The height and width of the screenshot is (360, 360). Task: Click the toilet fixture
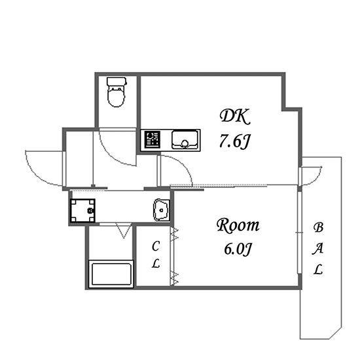point(117,92)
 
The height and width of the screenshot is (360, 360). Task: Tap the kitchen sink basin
point(185,140)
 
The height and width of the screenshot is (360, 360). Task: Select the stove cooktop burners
point(153,139)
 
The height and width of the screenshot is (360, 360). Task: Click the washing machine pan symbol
point(82,211)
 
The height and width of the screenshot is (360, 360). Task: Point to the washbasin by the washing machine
point(162,210)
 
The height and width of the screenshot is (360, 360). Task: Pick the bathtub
point(111,274)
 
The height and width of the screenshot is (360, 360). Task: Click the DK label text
point(234,117)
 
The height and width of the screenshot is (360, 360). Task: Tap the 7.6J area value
point(234,141)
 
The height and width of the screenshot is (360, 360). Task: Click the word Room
point(238,226)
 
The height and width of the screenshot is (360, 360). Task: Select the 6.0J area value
point(238,249)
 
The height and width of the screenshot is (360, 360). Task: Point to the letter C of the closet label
point(156,246)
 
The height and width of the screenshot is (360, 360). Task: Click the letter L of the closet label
point(156,263)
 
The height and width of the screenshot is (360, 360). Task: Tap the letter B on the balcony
point(319,227)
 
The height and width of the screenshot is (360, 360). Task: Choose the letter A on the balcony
point(317,249)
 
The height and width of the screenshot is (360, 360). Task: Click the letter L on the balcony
point(318,269)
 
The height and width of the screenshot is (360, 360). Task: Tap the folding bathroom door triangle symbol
point(124,230)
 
